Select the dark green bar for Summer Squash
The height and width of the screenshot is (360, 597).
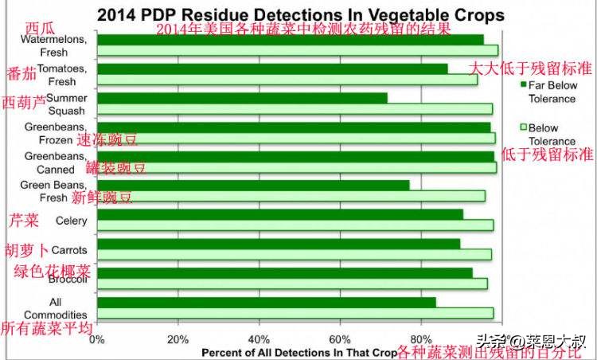coord(242,98)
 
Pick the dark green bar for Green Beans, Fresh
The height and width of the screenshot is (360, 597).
coord(253,185)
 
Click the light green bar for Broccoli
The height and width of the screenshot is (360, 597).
coord(291,284)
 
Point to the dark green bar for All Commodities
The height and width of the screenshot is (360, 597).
coord(266,302)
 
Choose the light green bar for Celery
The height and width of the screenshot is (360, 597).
coord(295,225)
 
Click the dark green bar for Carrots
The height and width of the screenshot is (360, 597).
coord(279,244)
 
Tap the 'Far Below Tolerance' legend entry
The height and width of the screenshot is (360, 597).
coord(552,91)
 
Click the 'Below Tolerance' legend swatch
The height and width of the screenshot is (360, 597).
coord(524,127)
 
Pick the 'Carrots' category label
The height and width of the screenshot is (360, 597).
coord(68,250)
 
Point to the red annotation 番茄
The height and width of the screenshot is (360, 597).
coord(21,74)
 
